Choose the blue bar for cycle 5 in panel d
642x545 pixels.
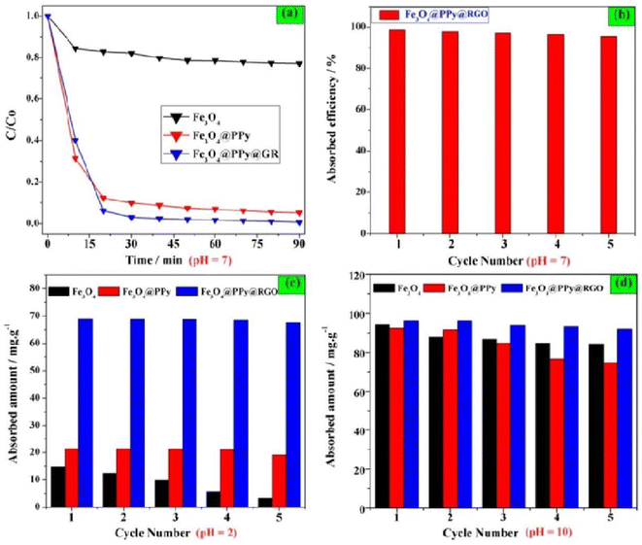tap(623, 418)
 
